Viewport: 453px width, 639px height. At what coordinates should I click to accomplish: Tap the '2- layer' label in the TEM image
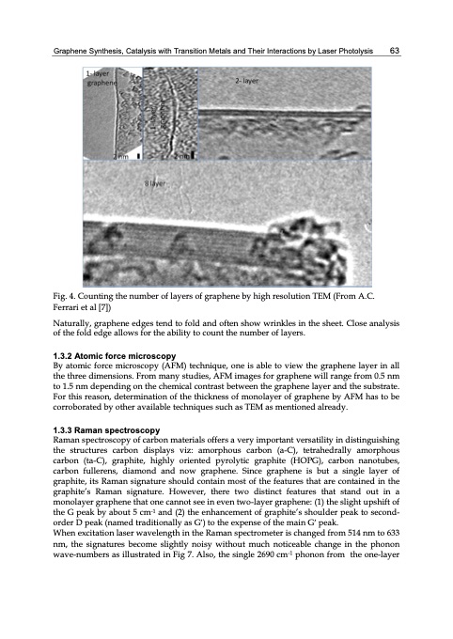246,82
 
